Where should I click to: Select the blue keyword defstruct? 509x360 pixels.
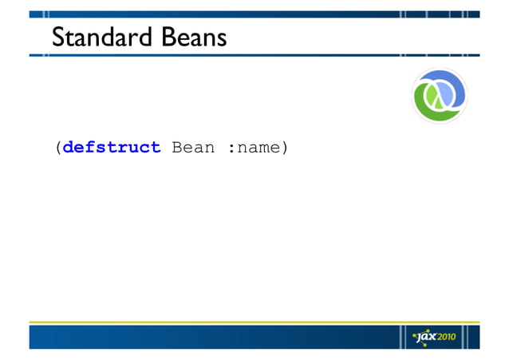tap(112, 148)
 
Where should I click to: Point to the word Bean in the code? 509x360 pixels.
tap(193, 148)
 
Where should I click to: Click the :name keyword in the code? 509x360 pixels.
tap(253, 148)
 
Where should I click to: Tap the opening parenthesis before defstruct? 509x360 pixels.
tap(57, 148)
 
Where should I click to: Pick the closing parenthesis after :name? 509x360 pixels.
tap(284, 148)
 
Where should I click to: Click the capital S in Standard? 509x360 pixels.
tap(57, 37)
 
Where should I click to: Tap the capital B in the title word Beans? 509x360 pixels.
tap(167, 37)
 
